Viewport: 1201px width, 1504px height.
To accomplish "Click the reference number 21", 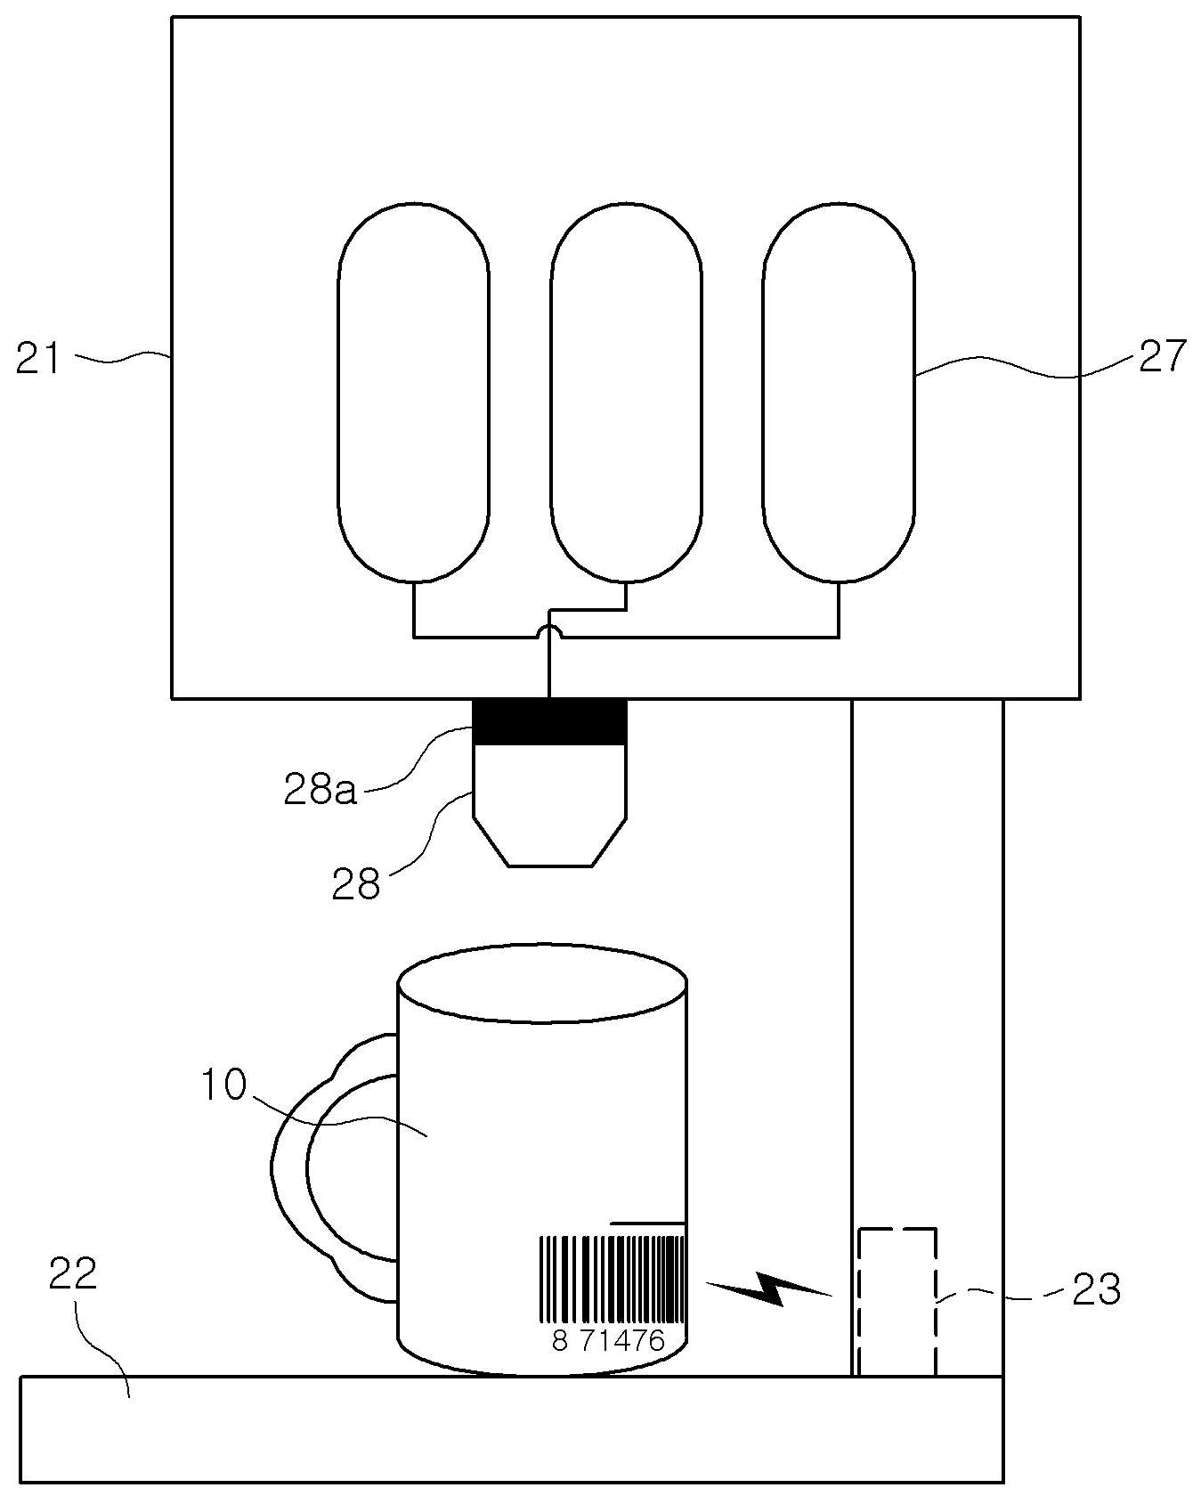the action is click(x=38, y=359).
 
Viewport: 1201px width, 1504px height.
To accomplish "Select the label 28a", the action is click(x=320, y=789).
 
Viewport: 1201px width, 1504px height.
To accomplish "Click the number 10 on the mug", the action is click(x=222, y=1085).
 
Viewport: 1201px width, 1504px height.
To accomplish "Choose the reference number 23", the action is click(x=1096, y=1289).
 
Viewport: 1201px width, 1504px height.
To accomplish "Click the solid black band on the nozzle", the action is click(x=549, y=721).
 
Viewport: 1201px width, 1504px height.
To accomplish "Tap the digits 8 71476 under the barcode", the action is click(x=608, y=1341).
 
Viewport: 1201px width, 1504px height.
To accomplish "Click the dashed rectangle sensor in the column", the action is click(x=897, y=1302).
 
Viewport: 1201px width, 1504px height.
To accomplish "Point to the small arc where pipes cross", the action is click(x=551, y=630).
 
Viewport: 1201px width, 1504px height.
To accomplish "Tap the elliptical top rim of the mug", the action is click(x=542, y=983).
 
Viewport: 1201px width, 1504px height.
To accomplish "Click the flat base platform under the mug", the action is click(x=511, y=1429).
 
